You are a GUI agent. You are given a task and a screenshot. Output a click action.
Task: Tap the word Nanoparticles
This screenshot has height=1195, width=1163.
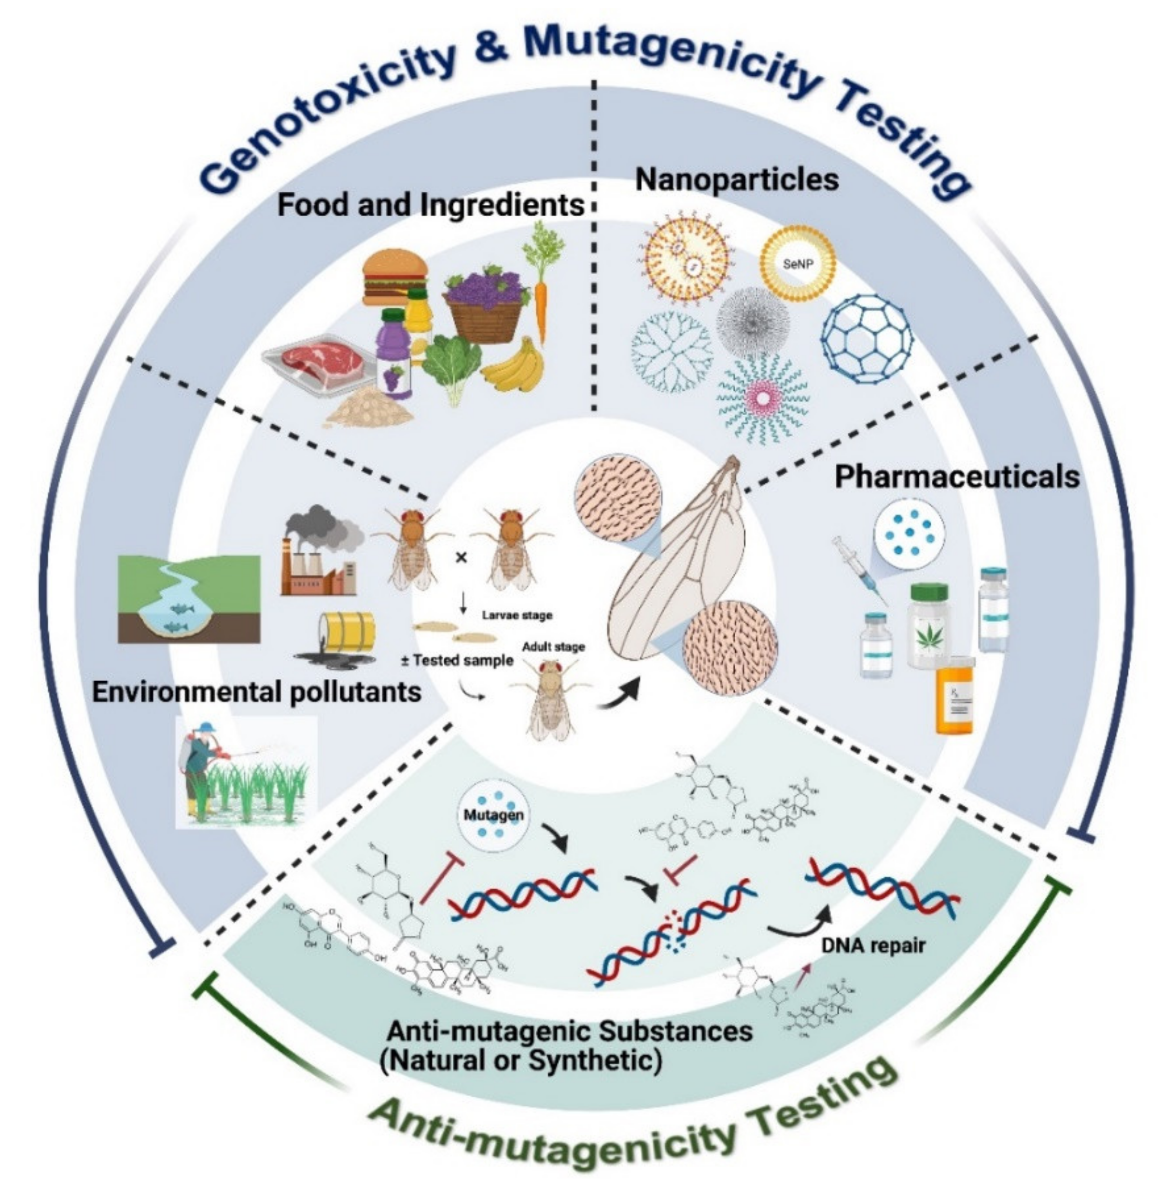coord(737,180)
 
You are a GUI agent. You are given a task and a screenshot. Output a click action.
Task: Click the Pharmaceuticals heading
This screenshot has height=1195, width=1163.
coord(956,477)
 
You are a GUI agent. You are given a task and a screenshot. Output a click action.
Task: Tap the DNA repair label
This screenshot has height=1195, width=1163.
coord(873,946)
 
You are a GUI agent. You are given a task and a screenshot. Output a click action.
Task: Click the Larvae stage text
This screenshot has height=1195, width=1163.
coord(517,615)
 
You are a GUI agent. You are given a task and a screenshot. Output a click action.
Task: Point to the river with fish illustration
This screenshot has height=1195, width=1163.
coord(189,599)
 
